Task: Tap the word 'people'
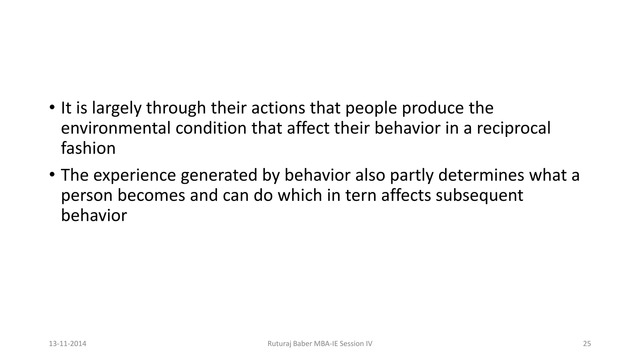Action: pos(371,108)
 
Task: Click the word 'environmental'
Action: pos(116,128)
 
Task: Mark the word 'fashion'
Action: pos(88,148)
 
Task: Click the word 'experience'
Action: pos(134,176)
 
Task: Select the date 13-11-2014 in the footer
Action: pos(67,344)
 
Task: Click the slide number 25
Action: pos(587,344)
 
